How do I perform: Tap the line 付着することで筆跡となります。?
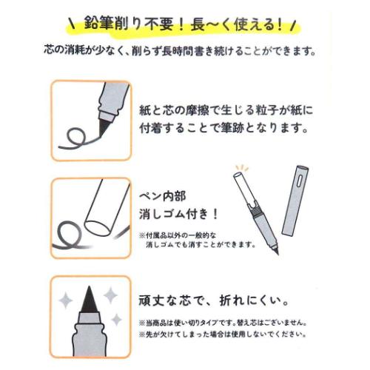[223, 128]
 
